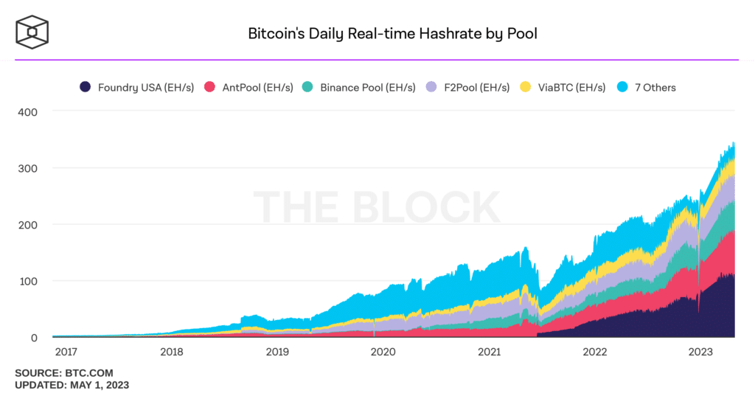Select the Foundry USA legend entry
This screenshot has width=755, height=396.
(137, 87)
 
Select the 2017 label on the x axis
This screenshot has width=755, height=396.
(65, 352)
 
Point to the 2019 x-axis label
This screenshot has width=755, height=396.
(277, 352)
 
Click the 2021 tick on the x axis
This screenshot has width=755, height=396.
(490, 352)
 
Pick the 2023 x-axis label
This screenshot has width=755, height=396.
(701, 352)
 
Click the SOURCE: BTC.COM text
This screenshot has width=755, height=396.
(64, 373)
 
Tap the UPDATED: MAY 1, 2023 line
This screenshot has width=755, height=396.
(72, 385)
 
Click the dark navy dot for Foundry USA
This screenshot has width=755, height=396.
(86, 87)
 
